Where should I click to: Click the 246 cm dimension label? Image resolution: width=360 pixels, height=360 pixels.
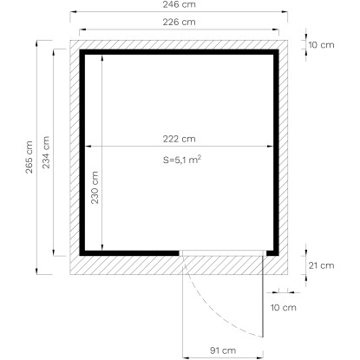(x=179, y=4)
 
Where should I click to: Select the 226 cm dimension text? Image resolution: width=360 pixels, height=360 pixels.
(x=179, y=22)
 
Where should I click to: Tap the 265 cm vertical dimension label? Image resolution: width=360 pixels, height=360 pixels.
(x=29, y=157)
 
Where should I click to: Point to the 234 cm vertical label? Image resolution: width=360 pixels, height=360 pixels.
(x=46, y=152)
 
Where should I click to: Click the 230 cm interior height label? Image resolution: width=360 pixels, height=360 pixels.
(x=95, y=187)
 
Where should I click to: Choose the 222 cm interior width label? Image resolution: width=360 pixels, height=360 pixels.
(x=179, y=139)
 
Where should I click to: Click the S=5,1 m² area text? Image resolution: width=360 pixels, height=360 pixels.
(x=182, y=160)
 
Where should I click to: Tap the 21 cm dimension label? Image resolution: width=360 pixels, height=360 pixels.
(x=321, y=265)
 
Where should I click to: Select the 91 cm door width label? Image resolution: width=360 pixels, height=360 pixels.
(x=223, y=350)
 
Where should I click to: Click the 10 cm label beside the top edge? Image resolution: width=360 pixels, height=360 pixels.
(x=321, y=45)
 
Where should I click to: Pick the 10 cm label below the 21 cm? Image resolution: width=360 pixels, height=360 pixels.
(x=284, y=307)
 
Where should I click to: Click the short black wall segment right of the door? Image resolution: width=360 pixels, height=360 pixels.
(x=272, y=253)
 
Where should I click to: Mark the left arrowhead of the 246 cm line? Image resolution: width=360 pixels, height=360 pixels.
(x=73, y=12)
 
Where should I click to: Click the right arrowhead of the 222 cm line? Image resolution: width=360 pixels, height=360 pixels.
(x=271, y=147)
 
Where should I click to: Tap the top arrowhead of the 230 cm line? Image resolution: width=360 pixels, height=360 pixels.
(x=102, y=57)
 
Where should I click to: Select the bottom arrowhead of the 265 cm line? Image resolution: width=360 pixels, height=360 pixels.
(x=36, y=271)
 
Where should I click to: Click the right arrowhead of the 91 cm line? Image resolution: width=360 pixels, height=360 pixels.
(x=260, y=357)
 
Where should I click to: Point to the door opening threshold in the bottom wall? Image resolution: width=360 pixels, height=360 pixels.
(x=223, y=253)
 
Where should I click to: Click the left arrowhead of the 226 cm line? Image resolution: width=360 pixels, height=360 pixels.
(x=82, y=29)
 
